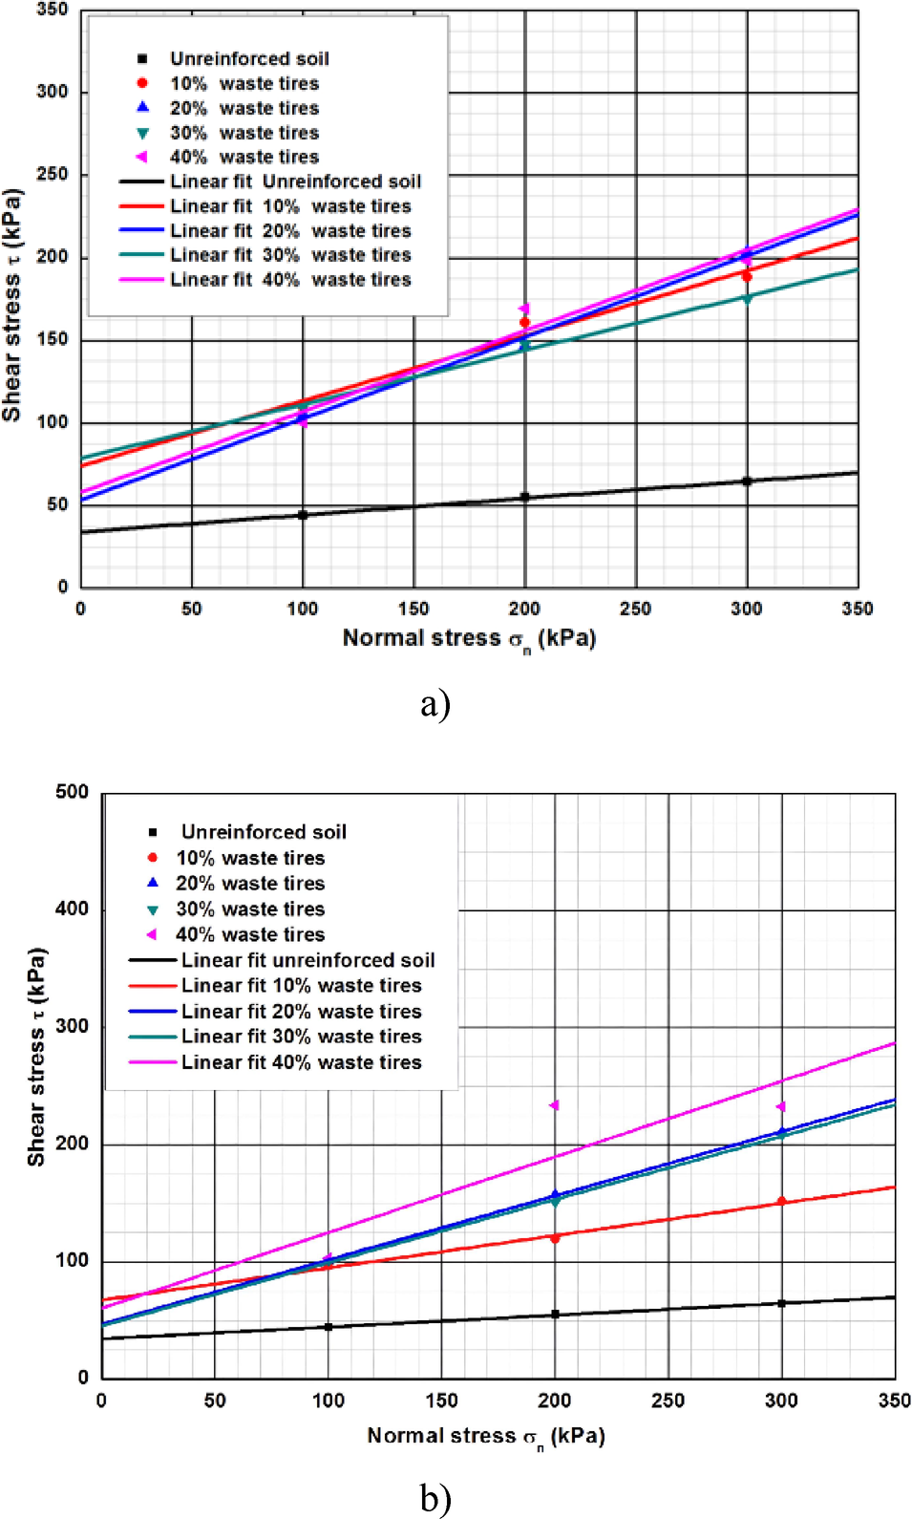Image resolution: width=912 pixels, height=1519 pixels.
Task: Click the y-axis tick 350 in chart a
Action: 53,11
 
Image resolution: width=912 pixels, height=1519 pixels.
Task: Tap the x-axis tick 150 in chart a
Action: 414,609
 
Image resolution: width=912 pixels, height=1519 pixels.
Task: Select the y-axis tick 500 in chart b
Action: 72,792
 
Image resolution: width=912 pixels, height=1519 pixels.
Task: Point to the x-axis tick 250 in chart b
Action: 668,1401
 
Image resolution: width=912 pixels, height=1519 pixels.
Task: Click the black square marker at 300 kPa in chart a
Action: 747,481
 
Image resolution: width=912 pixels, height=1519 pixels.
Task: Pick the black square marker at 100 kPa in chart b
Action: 329,1327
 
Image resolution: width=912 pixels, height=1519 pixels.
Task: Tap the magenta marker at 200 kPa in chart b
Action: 554,1105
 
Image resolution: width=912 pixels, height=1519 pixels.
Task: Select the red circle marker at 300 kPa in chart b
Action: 781,1202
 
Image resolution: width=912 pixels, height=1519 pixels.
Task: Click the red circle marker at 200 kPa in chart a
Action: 524,323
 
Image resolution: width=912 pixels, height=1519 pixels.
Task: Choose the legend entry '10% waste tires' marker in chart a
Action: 142,83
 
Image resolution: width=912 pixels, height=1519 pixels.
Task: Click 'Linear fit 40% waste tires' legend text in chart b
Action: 301,1062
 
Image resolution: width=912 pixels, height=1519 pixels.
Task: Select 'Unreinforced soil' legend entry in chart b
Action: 264,832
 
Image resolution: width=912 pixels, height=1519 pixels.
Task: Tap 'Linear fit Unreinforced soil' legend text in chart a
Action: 295,182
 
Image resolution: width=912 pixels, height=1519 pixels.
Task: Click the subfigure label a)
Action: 435,704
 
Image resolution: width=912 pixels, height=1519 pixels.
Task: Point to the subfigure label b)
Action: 435,1498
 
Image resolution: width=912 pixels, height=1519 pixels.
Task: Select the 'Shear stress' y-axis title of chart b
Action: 36,1056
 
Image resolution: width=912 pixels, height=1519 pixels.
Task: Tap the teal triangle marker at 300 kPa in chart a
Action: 747,298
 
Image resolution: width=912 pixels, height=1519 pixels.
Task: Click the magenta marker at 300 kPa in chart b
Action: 780,1106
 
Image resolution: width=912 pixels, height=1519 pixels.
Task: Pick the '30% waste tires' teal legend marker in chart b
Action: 152,909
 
